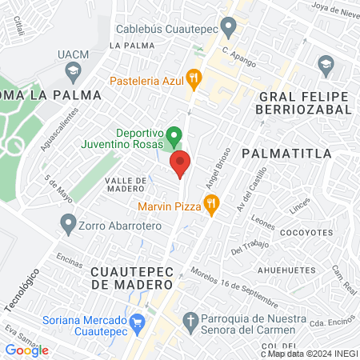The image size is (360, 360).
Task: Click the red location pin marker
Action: [x=180, y=163]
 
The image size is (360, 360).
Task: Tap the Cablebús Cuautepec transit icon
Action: [x=229, y=30]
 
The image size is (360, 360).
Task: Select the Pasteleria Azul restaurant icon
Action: [x=193, y=78]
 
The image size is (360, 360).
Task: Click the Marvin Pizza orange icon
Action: [x=211, y=205]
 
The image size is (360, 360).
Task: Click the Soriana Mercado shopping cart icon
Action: [x=138, y=324]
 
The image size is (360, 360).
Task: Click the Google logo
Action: [x=26, y=350]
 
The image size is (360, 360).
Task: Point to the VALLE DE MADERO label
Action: [x=127, y=185]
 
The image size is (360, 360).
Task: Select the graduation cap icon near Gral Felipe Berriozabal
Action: [x=325, y=63]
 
